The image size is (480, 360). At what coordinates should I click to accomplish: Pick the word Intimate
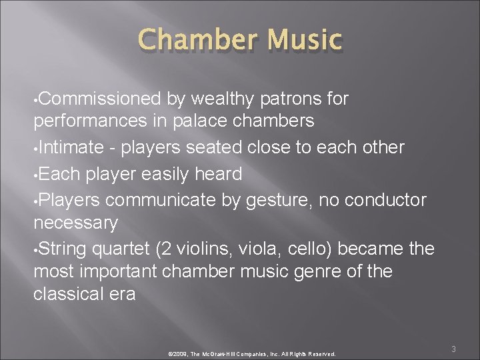[x=71, y=147]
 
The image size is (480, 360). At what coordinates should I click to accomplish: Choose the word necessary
[x=75, y=221]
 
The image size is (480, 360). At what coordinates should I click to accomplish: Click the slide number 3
[x=453, y=349]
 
